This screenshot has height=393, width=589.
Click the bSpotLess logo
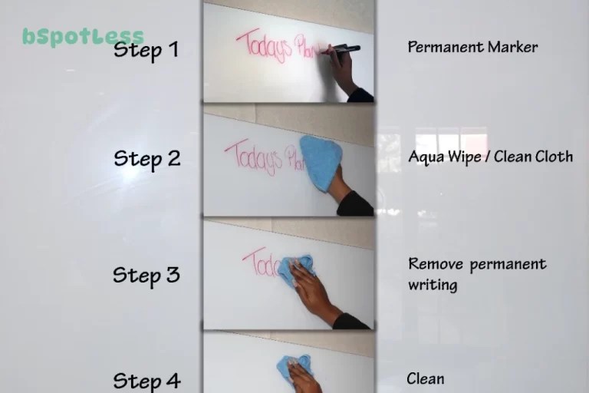(x=83, y=36)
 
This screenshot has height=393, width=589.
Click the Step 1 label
(x=146, y=51)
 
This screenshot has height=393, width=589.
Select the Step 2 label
(x=147, y=159)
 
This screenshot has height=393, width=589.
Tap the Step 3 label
(x=146, y=275)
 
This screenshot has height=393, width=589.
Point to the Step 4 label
(x=147, y=380)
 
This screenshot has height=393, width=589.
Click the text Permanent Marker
(x=472, y=47)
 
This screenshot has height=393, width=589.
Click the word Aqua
(x=426, y=157)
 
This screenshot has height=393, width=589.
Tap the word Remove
(x=436, y=265)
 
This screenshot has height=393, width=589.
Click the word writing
(x=433, y=286)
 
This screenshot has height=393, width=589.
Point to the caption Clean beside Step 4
(x=425, y=379)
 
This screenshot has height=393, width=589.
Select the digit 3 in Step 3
(x=173, y=275)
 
